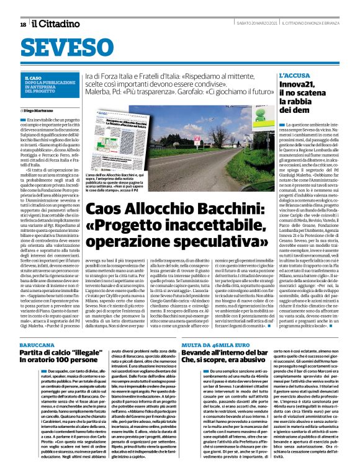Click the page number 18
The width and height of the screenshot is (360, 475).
tap(22, 24)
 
